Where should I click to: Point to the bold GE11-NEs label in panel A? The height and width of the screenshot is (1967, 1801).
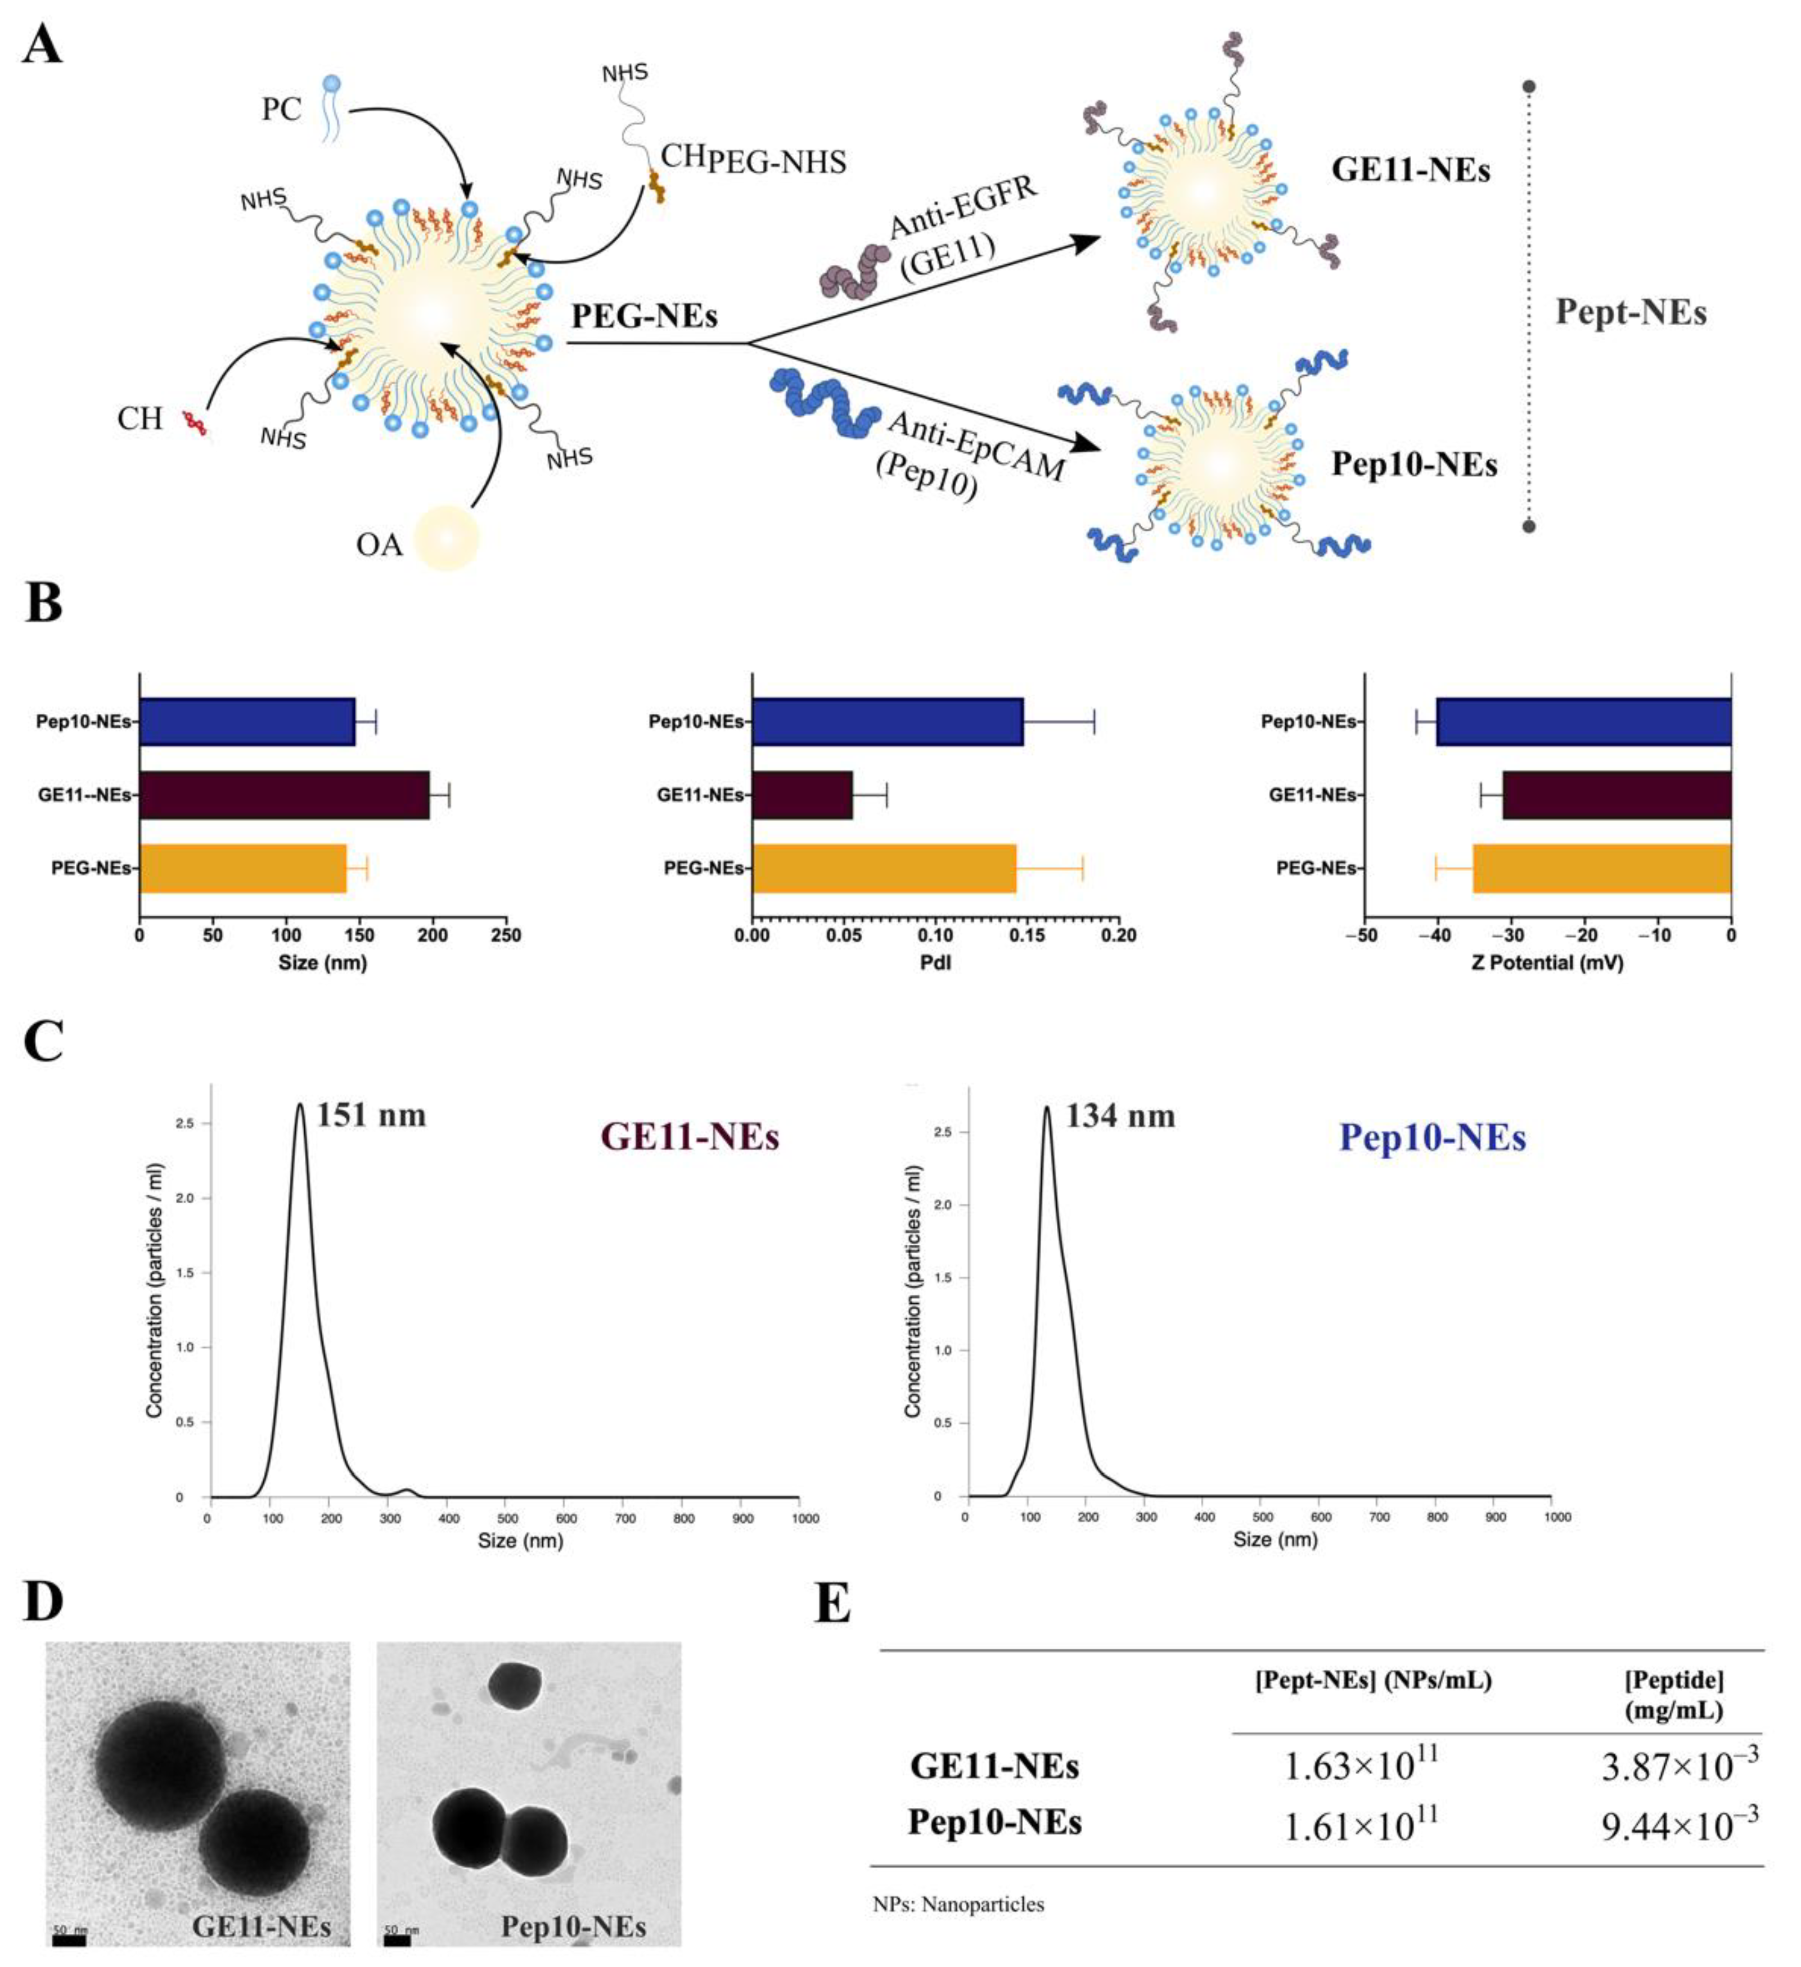(1411, 171)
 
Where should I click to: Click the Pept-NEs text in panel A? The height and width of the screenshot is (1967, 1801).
(1630, 312)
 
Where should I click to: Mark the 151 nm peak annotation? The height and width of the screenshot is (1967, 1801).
(371, 1115)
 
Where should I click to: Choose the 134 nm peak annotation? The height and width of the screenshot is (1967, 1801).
(1120, 1116)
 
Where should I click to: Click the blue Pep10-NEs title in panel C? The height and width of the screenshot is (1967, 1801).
(1432, 1138)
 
